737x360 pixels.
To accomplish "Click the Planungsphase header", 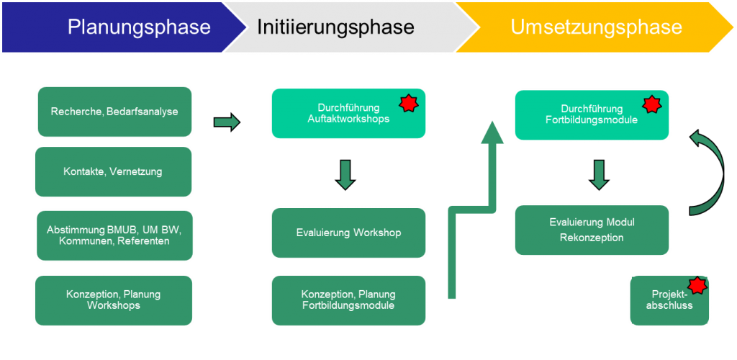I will (138, 27).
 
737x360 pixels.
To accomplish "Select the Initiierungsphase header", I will (335, 27).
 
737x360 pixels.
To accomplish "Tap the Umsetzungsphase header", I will (596, 27).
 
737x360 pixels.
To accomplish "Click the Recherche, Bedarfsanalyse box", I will (114, 112).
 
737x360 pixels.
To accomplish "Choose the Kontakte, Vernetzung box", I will (114, 171).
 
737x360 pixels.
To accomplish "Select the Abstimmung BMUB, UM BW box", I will (114, 235).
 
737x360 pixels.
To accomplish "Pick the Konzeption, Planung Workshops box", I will (114, 300).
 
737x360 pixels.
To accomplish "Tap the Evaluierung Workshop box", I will (348, 233).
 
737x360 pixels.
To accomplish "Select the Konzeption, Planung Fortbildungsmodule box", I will (348, 300).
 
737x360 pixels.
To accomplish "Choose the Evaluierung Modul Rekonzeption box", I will (592, 230).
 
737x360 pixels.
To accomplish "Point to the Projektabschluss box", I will (670, 300).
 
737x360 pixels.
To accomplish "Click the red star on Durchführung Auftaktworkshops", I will (408, 104).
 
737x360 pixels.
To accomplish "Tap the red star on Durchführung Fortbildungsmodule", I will (651, 105).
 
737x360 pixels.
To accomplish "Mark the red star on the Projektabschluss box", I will (696, 287).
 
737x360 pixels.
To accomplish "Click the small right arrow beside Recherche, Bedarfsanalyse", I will (227, 122).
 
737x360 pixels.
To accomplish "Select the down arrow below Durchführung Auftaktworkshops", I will (345, 175).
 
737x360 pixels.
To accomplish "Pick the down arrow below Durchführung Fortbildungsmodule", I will (599, 175).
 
